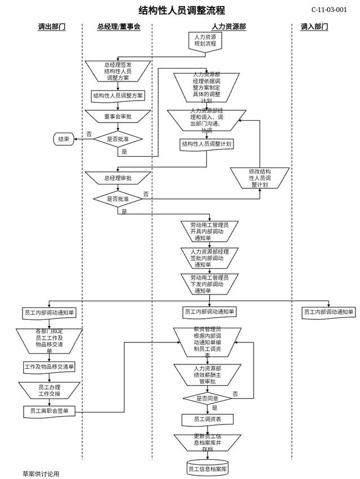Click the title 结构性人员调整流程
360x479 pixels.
(182, 10)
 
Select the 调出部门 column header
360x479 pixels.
(51, 26)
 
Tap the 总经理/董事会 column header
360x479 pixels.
(118, 26)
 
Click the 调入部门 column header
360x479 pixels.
(314, 26)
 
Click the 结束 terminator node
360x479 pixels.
(63, 139)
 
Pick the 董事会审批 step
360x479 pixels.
(118, 116)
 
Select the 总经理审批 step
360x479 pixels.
(118, 178)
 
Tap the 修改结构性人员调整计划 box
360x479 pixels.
(260, 177)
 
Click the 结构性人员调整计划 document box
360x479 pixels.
(206, 144)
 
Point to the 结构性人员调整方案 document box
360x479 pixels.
(118, 96)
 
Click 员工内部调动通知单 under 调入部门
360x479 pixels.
(328, 312)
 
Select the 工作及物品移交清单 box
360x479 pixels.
(49, 367)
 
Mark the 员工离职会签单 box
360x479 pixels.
(49, 412)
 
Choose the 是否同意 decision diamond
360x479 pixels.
(207, 398)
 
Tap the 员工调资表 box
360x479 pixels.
(207, 419)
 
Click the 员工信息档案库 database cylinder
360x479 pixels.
(207, 468)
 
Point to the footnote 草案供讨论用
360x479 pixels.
(40, 474)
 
